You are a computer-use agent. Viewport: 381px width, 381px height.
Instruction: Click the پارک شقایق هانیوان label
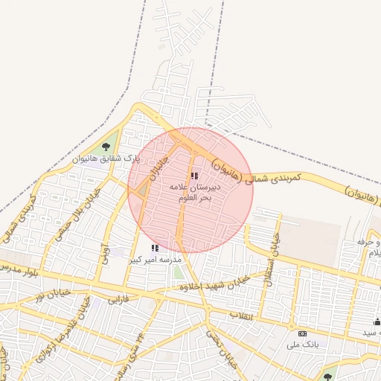(x=106, y=159)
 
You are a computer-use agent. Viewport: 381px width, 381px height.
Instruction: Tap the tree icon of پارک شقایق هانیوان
(x=106, y=146)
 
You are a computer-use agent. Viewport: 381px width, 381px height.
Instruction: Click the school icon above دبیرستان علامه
(x=194, y=176)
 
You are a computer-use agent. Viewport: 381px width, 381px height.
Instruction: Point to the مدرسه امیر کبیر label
(x=155, y=260)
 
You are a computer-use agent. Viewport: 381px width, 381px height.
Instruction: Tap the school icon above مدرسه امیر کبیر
(x=155, y=248)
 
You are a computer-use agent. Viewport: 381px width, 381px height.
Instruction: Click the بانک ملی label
(x=301, y=345)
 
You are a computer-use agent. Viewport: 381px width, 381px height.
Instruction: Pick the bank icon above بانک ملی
(x=302, y=333)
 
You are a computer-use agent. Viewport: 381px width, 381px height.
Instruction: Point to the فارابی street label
(x=119, y=299)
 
